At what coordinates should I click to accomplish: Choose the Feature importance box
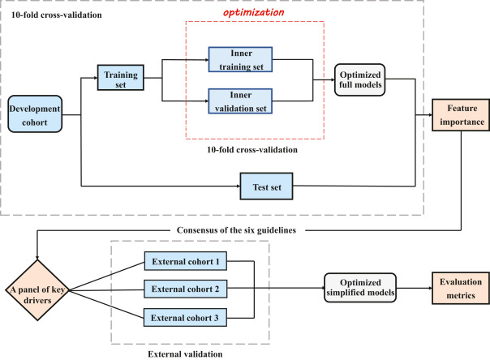pos(459,115)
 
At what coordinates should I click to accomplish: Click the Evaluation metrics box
pos(458,288)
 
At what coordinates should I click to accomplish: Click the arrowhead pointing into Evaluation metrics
pos(428,288)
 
